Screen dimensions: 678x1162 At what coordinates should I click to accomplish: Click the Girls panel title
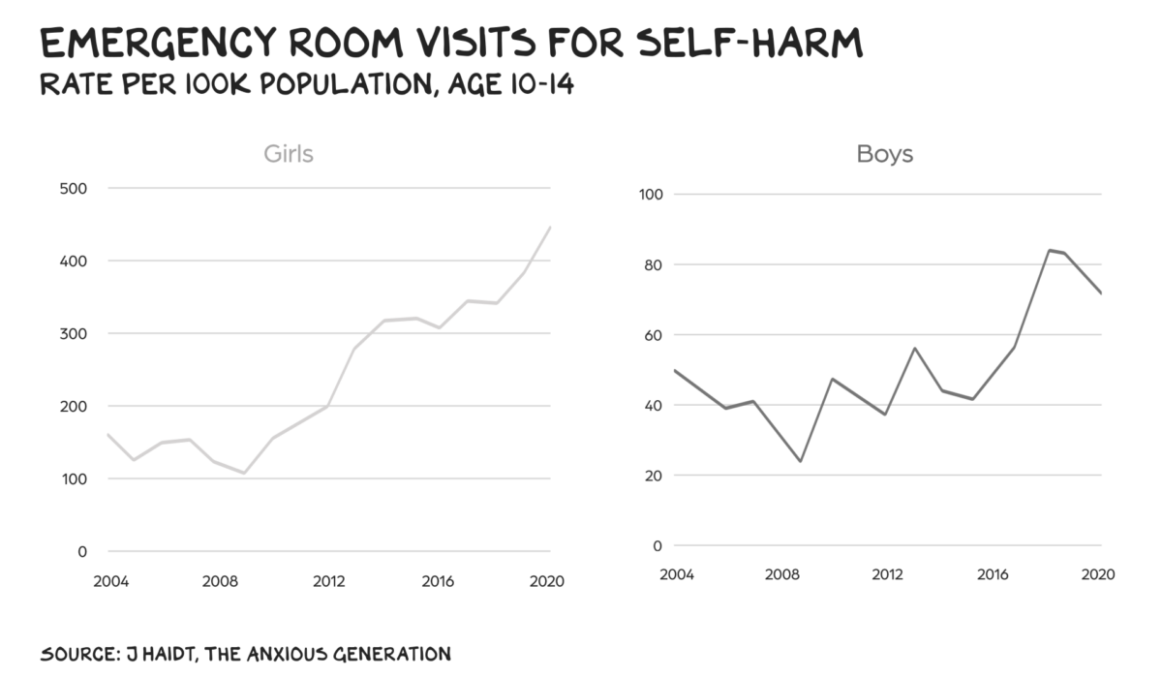(289, 154)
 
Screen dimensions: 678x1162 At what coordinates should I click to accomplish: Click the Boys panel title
(884, 154)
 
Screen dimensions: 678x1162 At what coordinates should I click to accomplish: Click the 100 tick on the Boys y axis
(650, 195)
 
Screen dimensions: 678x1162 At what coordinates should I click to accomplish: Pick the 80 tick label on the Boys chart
(652, 264)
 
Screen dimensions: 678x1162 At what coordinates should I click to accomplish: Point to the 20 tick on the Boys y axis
(652, 476)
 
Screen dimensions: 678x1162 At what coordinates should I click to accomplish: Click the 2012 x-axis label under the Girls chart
(329, 582)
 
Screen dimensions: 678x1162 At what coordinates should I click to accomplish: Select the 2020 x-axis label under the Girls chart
(548, 582)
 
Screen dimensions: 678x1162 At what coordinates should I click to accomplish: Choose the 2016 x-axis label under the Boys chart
(994, 574)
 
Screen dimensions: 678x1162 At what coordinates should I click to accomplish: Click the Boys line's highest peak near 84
(1049, 250)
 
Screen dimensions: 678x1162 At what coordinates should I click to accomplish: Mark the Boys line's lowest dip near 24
(800, 461)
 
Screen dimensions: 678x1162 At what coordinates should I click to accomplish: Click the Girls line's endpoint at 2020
(550, 228)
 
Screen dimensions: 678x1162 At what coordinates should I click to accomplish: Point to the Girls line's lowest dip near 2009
(244, 473)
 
